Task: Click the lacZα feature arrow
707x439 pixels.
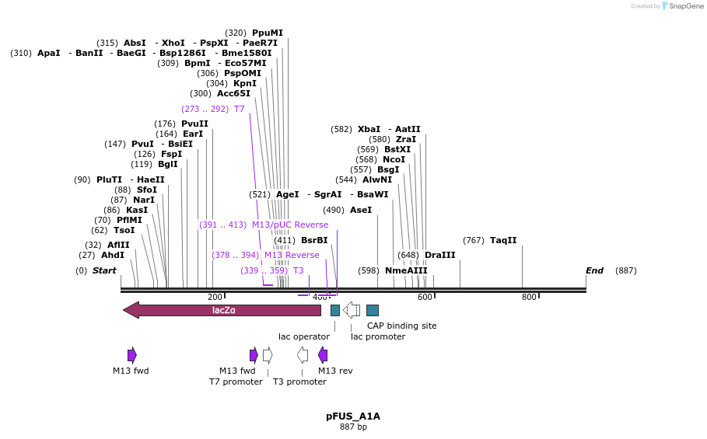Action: point(222,310)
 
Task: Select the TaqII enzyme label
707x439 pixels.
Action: point(503,240)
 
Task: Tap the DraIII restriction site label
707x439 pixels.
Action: point(440,255)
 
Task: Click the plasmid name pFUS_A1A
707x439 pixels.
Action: point(353,416)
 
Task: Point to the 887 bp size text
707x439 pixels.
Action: point(353,427)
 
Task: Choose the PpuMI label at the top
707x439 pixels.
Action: point(268,33)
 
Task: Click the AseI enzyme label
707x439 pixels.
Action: point(361,210)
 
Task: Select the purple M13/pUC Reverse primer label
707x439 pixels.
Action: point(290,225)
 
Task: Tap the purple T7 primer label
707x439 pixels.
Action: point(240,109)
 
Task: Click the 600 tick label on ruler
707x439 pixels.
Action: point(425,298)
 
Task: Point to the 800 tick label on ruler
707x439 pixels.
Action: point(529,298)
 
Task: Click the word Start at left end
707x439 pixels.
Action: point(104,270)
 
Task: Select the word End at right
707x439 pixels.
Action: point(594,270)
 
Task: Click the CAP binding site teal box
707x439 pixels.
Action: point(373,310)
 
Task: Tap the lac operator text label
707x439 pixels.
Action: point(304,336)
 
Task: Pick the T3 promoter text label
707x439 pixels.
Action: point(299,382)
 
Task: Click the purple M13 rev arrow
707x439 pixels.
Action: point(323,355)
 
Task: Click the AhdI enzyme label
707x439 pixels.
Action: point(113,255)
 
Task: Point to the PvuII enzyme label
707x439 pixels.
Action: point(194,124)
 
